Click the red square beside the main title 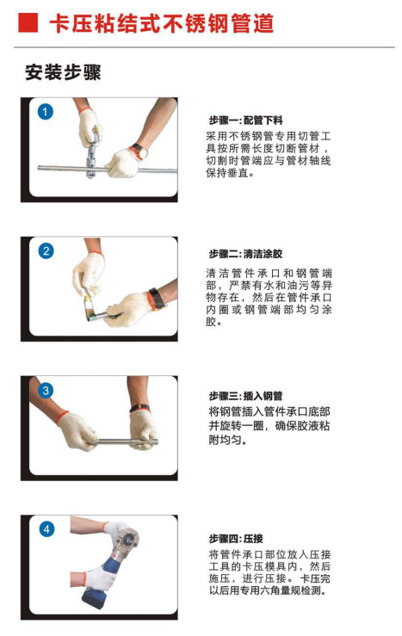pos(28,22)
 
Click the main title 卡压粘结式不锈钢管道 pos(162,23)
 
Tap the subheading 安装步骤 pos(63,72)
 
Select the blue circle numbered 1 pos(46,112)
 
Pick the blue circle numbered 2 pos(46,250)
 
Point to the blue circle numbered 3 pos(46,390)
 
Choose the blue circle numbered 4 pos(46,529)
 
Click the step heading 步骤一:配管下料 pos(245,120)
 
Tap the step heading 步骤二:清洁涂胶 pos(245,255)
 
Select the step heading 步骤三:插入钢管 pos(245,396)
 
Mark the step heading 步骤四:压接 pos(236,539)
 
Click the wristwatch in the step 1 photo pos(140,151)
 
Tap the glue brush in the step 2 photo pos(90,307)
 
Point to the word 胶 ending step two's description pos(211,322)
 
